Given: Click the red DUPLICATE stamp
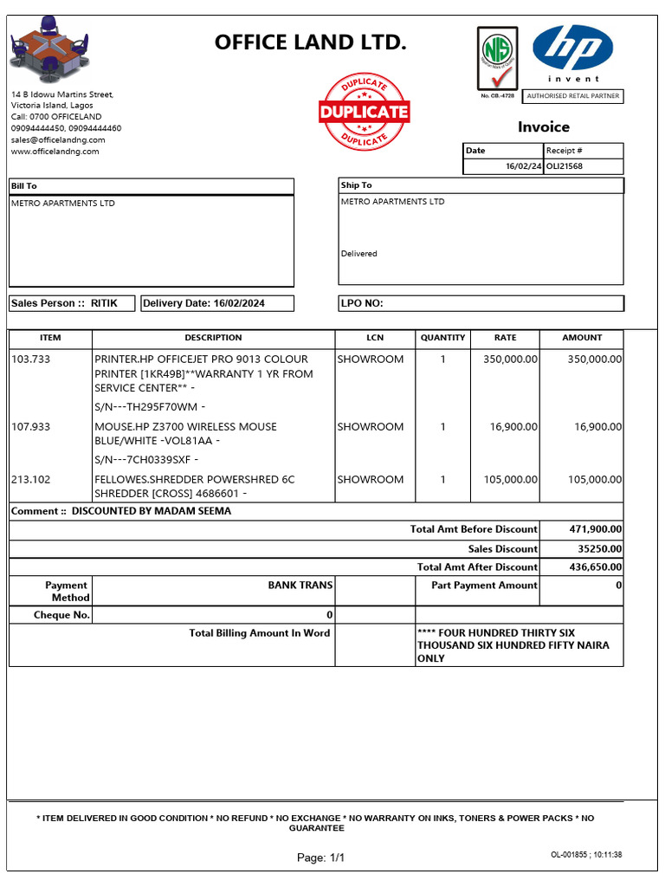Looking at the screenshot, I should [x=364, y=112].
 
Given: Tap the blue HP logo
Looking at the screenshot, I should [x=572, y=49].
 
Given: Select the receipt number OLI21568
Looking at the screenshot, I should [x=565, y=166].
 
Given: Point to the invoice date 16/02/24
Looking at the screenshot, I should [x=523, y=166].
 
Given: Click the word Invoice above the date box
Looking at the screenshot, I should [x=544, y=127].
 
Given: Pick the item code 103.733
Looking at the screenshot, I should [x=31, y=359].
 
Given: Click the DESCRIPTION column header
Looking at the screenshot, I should [x=213, y=338].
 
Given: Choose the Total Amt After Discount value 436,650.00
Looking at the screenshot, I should [x=593, y=567].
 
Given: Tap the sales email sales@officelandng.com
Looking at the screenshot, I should [x=58, y=139].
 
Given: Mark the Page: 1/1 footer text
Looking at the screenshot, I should [x=320, y=858].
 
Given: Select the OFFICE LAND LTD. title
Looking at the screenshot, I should [x=310, y=42].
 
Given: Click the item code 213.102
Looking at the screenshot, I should [x=31, y=479].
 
